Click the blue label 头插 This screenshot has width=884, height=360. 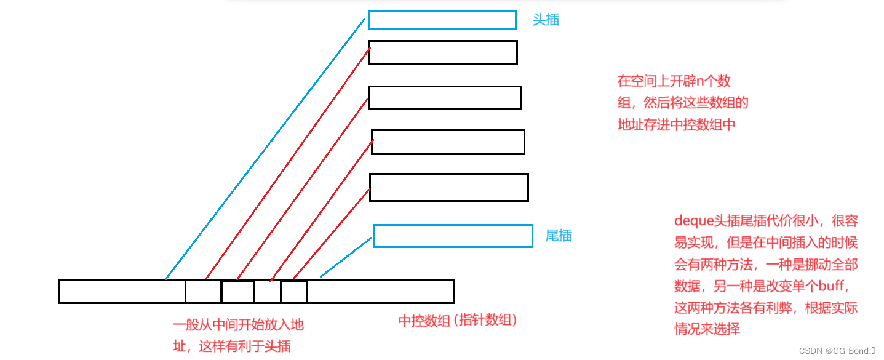tap(546, 20)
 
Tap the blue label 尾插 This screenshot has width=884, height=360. tap(559, 235)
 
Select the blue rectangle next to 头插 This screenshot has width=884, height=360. tap(442, 20)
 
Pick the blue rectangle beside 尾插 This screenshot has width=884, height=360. tap(453, 236)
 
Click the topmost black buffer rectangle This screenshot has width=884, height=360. tap(443, 52)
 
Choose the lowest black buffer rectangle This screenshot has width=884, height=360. tap(448, 187)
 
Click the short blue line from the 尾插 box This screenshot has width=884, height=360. tap(346, 258)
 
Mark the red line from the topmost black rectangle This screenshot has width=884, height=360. tap(287, 164)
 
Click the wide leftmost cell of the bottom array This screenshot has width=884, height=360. tap(122, 292)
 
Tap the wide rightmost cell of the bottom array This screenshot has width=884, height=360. tap(380, 292)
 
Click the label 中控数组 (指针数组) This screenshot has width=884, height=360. tap(458, 321)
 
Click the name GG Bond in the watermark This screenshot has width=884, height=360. tap(851, 351)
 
